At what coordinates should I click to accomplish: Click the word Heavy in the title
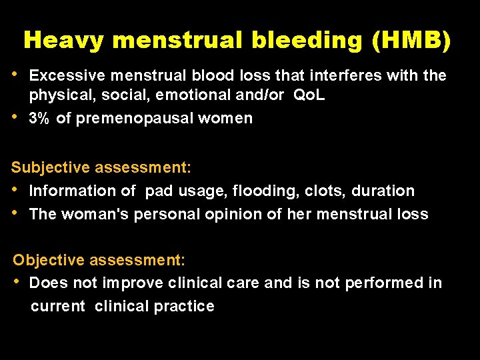click(63, 41)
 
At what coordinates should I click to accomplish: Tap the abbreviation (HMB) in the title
click(413, 41)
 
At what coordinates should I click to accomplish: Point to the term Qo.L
click(309, 95)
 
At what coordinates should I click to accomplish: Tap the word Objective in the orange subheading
click(43, 259)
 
